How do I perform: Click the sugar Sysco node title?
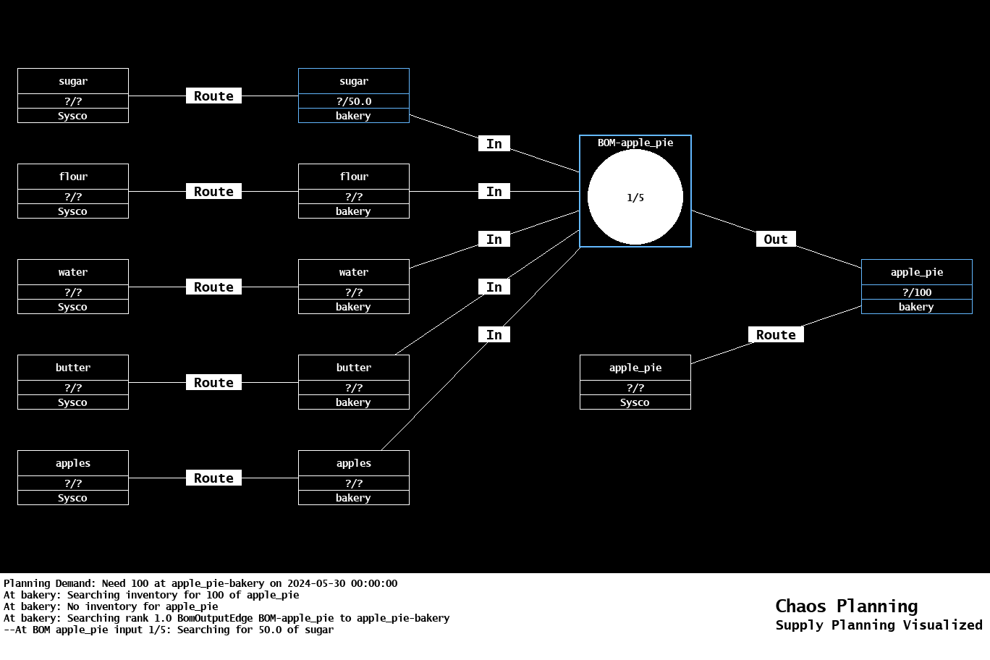point(73,81)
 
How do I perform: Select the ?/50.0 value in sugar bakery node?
point(353,101)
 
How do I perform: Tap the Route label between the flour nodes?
point(213,191)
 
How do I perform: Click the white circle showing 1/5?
point(635,197)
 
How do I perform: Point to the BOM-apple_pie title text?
point(635,143)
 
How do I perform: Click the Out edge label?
point(775,239)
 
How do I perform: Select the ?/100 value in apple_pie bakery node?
point(916,292)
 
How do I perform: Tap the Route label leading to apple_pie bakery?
point(775,334)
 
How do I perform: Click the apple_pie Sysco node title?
point(635,368)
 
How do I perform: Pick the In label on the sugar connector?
point(494,143)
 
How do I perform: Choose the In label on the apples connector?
point(494,334)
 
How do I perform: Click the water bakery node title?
point(353,272)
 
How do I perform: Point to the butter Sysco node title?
point(73,368)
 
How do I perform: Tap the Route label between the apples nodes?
point(213,478)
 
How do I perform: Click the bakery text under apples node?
point(353,498)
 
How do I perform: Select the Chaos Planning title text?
point(846,606)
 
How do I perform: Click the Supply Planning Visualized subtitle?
point(879,625)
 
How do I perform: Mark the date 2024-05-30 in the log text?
point(316,583)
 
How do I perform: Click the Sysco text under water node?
point(73,307)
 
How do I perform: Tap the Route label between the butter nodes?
point(213,382)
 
